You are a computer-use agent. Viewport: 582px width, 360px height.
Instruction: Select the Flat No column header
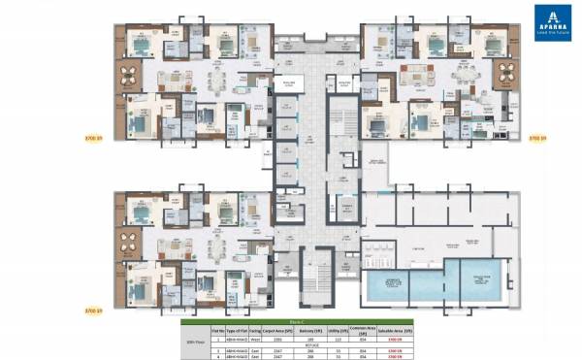215,330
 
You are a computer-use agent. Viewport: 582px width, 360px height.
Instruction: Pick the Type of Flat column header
238,330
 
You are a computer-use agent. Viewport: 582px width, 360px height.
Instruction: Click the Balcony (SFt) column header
312,330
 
